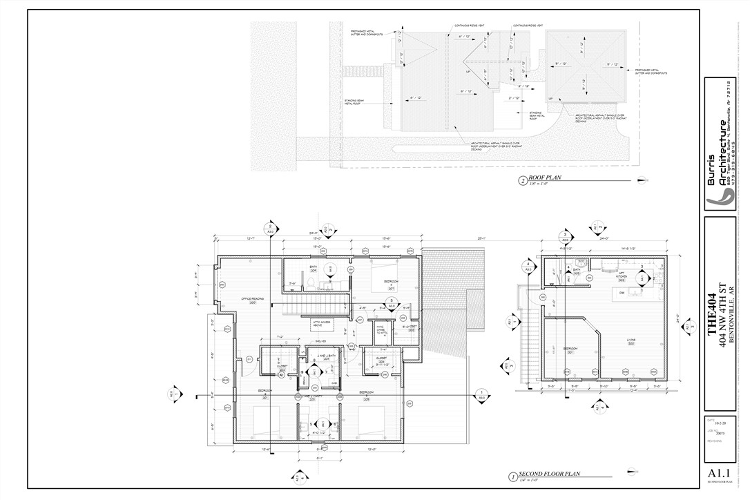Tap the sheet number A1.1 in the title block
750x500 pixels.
pos(718,473)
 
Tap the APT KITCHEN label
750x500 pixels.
pos(621,278)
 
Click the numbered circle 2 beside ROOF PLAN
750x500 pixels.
pos(522,182)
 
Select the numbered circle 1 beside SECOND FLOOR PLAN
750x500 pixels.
pos(512,477)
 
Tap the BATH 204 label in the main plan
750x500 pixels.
pos(313,268)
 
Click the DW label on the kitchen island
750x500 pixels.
pos(621,292)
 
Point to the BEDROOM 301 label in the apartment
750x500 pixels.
pos(570,350)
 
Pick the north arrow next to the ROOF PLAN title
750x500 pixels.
pos(642,180)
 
